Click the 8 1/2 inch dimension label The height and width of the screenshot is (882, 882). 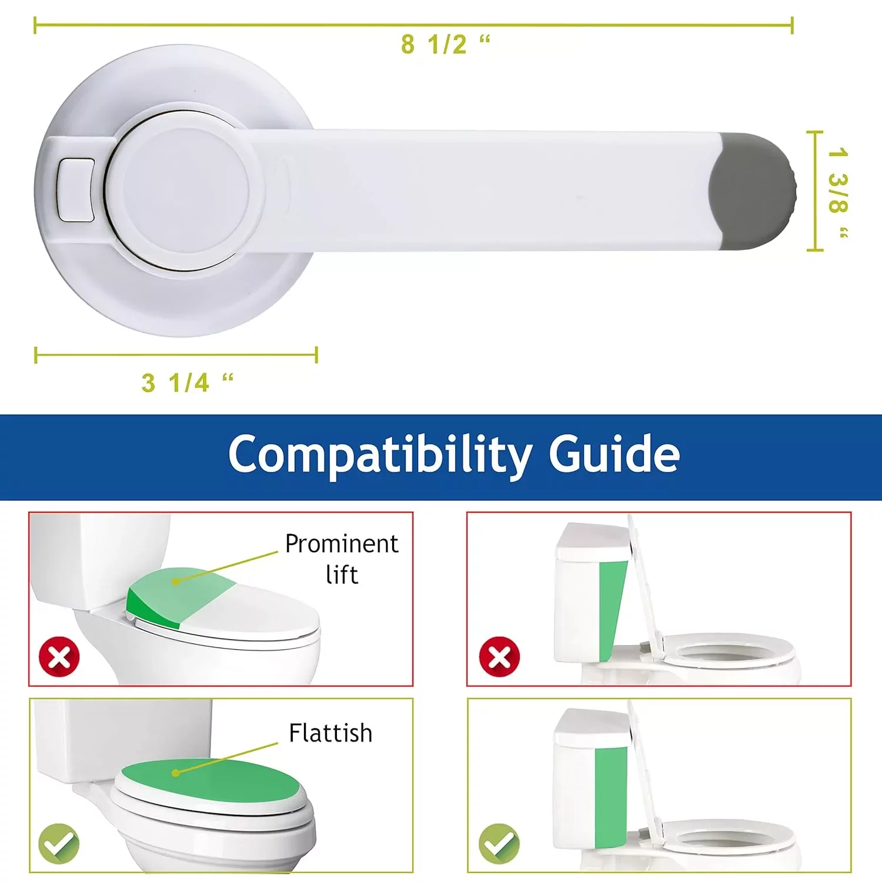tap(446, 44)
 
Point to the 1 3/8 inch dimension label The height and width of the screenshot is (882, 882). tap(838, 192)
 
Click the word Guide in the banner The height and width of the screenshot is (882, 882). tap(614, 453)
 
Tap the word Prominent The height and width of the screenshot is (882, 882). tap(342, 544)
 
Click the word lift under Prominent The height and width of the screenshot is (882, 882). tap(342, 574)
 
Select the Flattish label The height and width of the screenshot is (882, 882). tap(330, 733)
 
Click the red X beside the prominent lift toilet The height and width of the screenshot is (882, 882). tap(59, 656)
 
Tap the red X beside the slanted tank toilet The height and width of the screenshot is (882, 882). tap(499, 656)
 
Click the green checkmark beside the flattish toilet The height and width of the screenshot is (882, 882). tap(59, 844)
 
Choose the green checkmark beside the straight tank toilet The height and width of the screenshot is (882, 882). tap(499, 844)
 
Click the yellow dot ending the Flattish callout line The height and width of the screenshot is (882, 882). tap(175, 773)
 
